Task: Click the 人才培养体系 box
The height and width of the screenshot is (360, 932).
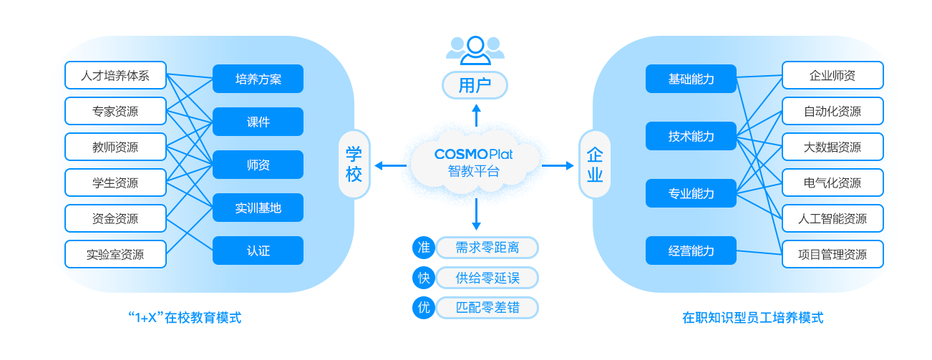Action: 115,75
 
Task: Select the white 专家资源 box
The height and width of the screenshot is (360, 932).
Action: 115,111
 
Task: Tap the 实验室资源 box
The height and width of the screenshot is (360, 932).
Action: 115,254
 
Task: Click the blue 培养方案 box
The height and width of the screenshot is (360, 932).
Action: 258,79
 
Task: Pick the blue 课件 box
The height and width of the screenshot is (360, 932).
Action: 258,122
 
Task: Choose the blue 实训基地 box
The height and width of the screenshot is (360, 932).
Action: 258,208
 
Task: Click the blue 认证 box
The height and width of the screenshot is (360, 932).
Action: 258,250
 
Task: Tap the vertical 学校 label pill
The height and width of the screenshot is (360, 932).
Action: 354,164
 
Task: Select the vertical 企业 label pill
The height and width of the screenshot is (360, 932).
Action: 594,164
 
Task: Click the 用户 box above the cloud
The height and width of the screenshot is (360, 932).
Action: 475,86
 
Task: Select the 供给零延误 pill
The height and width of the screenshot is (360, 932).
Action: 487,278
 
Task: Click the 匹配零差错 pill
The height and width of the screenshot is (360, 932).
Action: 487,308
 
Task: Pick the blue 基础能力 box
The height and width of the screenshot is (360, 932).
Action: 691,79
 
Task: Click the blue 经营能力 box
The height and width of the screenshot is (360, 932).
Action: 691,250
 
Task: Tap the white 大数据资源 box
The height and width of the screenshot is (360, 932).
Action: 833,147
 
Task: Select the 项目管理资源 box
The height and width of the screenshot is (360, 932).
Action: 833,254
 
